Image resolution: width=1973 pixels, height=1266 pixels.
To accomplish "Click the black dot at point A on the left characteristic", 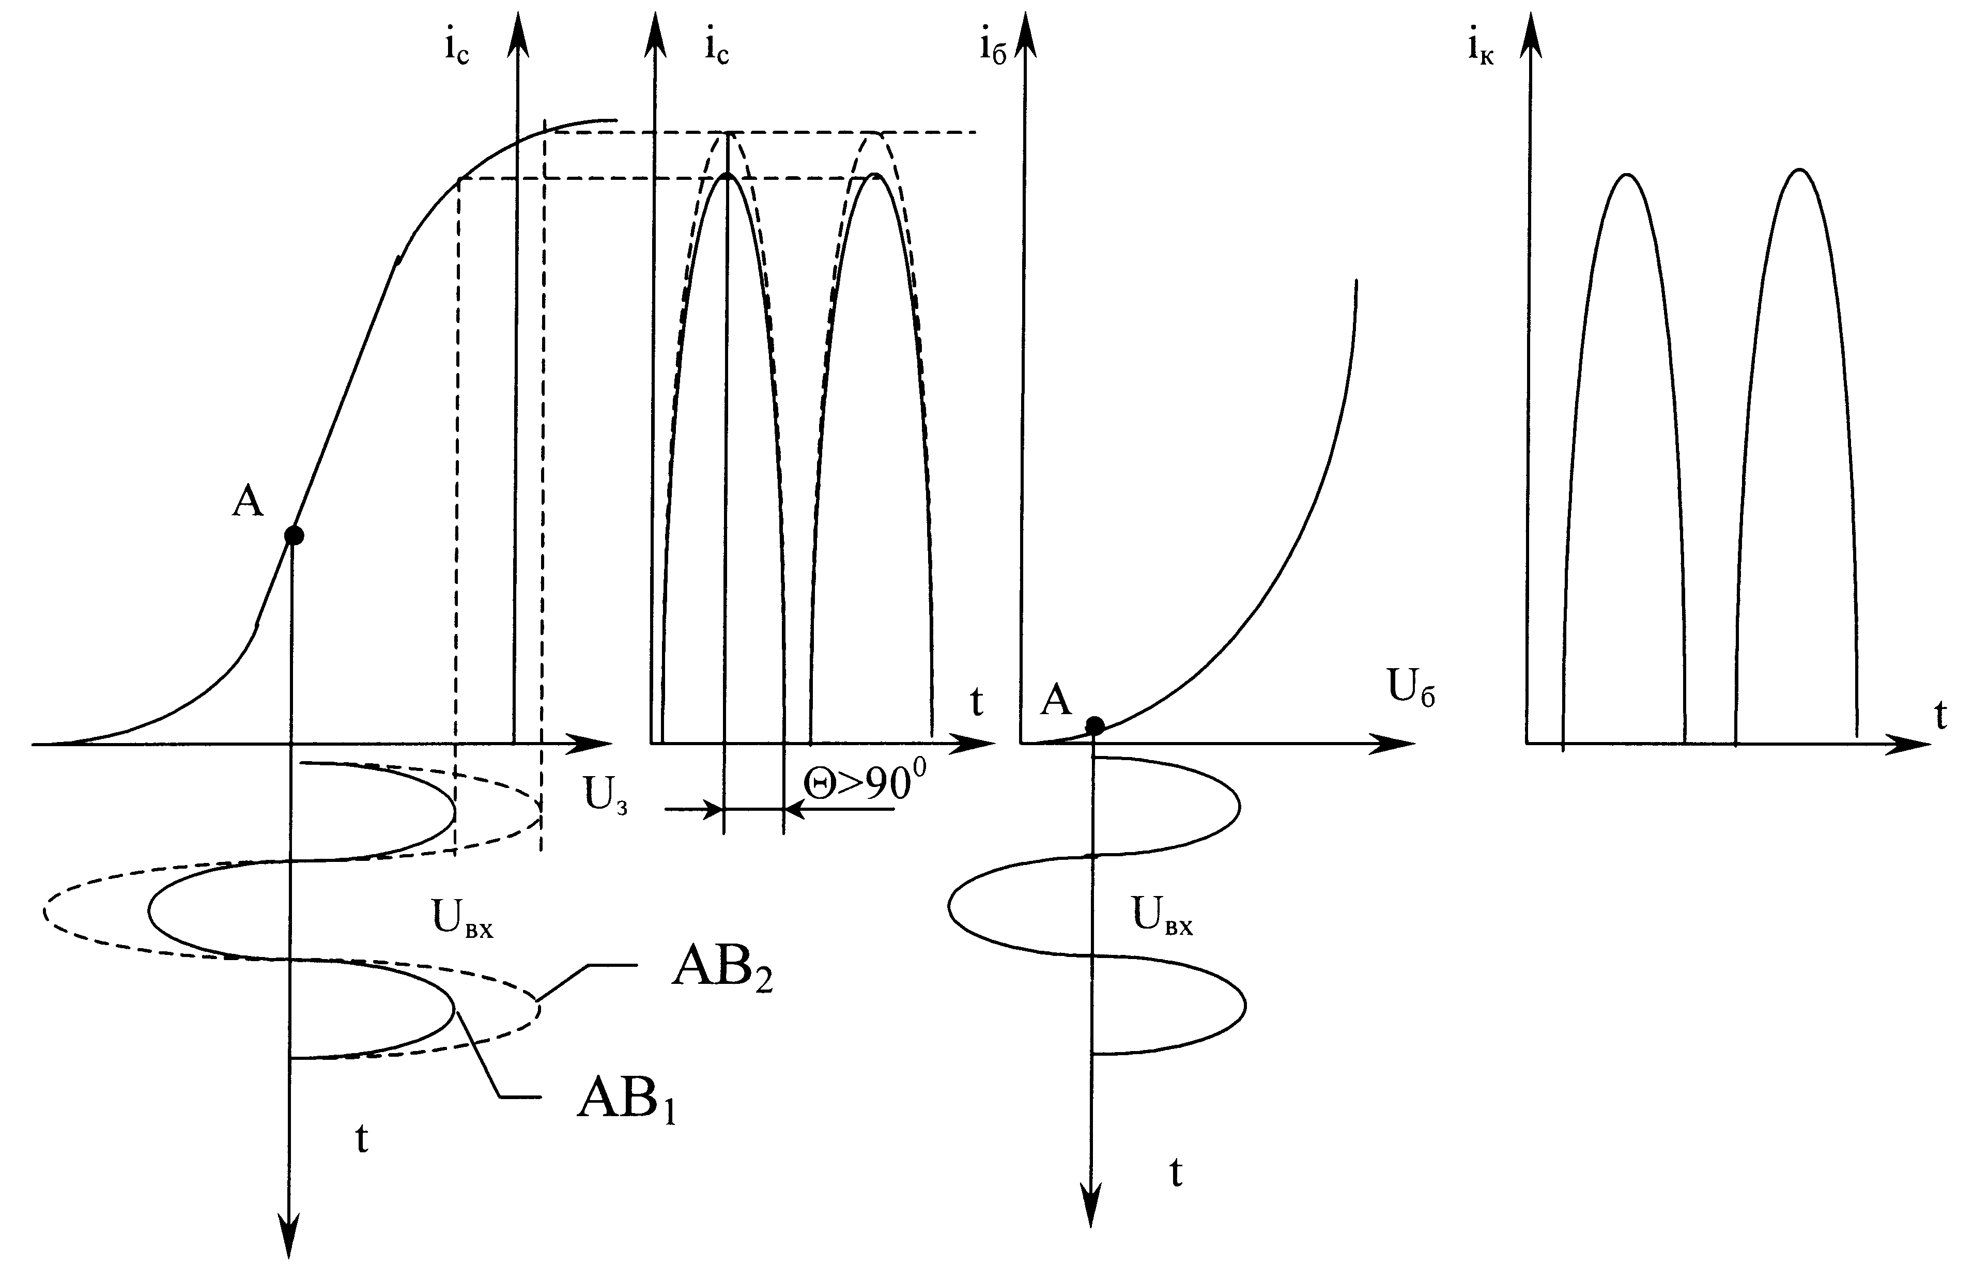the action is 294,536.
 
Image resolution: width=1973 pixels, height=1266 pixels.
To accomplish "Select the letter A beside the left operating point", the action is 248,500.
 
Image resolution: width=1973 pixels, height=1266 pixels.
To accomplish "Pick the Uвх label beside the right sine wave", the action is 1162,916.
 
